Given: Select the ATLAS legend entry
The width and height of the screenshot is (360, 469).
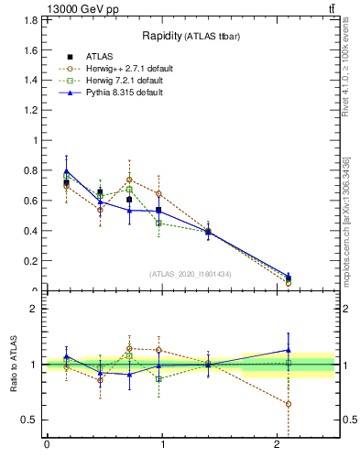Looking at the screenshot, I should [101, 57].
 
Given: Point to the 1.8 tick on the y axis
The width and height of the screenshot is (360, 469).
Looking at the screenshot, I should [33, 20].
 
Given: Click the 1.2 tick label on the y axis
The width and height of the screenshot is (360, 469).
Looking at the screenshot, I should [33, 111].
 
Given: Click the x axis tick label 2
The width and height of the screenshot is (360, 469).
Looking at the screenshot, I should [278, 445].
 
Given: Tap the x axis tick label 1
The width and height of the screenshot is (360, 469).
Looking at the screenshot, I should [162, 445].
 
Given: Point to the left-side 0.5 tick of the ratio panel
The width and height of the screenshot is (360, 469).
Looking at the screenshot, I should [33, 420].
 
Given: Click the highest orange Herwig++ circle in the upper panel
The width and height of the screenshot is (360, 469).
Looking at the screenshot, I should [130, 180].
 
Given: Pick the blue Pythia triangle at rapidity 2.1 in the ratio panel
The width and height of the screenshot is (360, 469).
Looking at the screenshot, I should [289, 349].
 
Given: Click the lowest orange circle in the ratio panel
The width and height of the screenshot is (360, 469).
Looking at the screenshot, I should [289, 404].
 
